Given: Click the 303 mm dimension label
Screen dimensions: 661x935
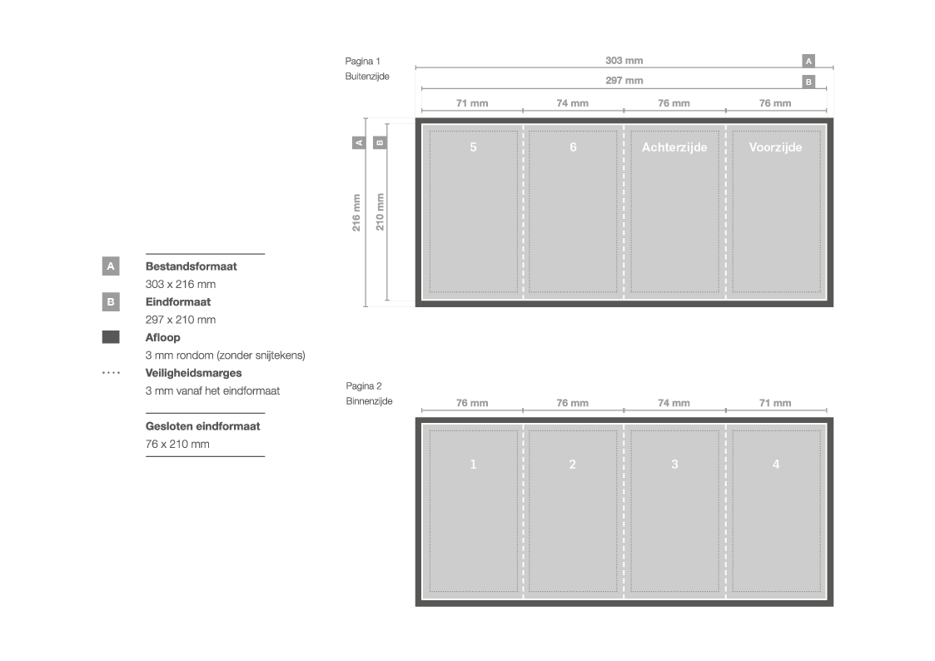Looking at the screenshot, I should [624, 61].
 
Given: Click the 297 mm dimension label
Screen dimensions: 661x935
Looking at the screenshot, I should [624, 81].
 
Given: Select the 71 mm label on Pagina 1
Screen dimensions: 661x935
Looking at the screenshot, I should [471, 103].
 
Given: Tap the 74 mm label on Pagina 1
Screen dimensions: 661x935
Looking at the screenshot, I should [573, 103].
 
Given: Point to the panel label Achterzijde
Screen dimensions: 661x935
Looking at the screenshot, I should [674, 147].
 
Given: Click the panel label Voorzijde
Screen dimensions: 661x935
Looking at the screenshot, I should [775, 147].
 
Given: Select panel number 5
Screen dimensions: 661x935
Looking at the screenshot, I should [473, 147].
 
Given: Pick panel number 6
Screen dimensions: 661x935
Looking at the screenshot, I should [573, 147].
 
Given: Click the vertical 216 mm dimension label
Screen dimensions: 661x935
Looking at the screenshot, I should [356, 212].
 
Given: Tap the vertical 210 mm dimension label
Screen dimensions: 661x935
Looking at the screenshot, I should [380, 212].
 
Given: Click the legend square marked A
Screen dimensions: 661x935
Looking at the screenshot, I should [111, 266].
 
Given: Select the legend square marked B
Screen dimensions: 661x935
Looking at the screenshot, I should [111, 302].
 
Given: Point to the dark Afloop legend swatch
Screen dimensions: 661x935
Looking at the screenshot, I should [111, 337].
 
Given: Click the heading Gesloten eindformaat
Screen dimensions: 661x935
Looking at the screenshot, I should [202, 426].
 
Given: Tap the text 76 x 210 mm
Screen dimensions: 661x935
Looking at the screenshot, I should [177, 444].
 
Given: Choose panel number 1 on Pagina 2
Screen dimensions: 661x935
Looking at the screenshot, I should [473, 464].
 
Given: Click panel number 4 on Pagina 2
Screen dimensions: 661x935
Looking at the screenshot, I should [775, 464].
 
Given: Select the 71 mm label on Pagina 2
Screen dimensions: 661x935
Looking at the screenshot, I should [775, 403].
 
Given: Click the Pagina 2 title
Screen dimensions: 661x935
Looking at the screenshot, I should [363, 385].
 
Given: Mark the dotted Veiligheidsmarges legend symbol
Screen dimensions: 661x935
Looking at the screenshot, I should [111, 373].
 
